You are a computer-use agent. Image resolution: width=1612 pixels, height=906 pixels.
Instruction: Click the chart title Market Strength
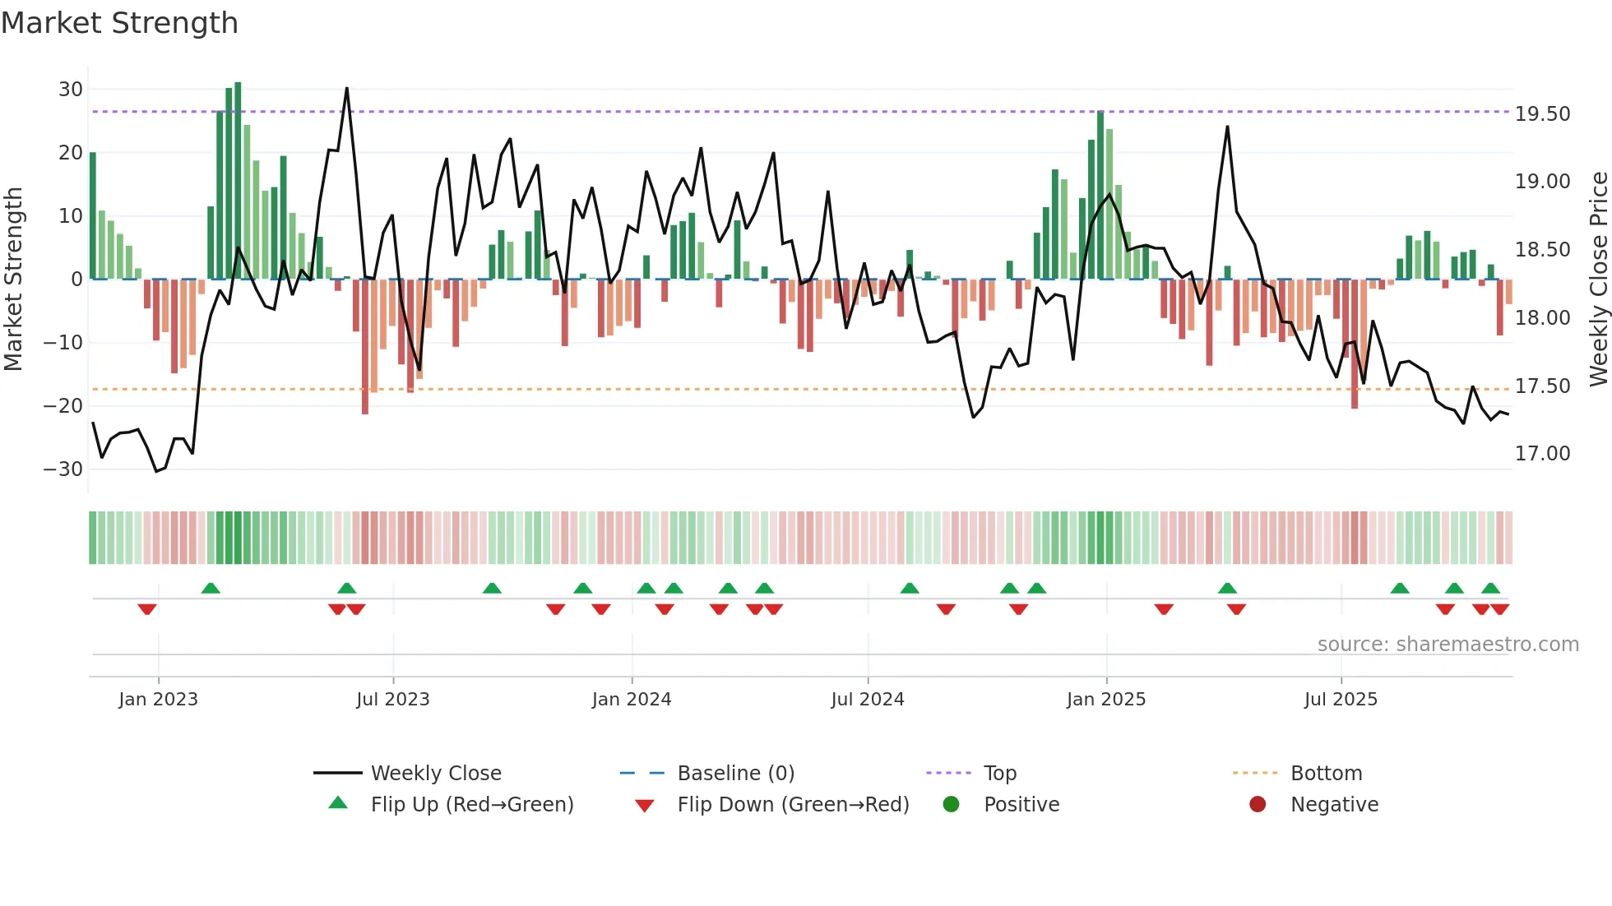pos(119,23)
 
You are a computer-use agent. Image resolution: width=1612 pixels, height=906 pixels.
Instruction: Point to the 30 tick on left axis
pos(71,90)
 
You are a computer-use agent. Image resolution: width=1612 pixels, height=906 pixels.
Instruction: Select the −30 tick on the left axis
pos(63,469)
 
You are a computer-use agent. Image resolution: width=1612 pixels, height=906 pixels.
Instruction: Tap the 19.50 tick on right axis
pos(1542,114)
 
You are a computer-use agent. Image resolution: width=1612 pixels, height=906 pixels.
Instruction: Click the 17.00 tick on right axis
pos(1542,454)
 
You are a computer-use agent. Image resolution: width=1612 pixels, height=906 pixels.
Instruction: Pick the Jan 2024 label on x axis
pos(631,700)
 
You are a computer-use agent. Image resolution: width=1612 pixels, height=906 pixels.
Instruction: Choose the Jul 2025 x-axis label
pos(1340,700)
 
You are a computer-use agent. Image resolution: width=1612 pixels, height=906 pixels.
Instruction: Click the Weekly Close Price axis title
pos(1598,280)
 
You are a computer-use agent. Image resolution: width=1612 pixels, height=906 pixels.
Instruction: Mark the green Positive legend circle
pos(951,805)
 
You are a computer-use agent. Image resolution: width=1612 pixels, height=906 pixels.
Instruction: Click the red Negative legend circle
pos(1257,805)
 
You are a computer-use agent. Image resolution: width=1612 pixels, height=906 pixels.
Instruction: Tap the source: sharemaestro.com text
pos(1448,645)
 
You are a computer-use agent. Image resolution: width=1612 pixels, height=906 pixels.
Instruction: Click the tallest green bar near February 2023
pos(238,181)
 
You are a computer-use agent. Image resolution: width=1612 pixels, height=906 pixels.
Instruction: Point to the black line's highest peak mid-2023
pos(347,89)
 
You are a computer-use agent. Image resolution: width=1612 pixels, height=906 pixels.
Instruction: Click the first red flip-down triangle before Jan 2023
pos(147,609)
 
